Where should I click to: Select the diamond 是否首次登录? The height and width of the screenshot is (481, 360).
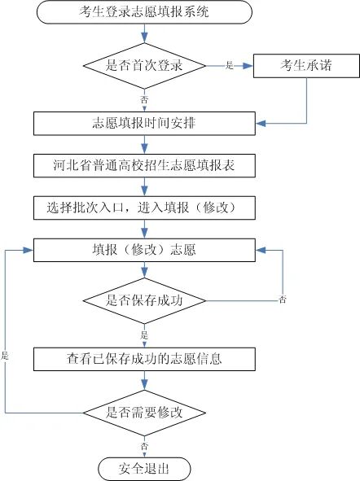[x=144, y=65]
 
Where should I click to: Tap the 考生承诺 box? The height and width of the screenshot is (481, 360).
[x=306, y=65]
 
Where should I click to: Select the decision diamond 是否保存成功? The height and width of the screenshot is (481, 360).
[x=144, y=300]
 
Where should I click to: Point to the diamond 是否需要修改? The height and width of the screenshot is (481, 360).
[x=144, y=411]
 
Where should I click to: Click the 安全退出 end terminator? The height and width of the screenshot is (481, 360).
[x=144, y=468]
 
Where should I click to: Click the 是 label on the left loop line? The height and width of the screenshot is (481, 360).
[x=5, y=356]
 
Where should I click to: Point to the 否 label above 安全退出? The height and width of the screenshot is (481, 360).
[x=145, y=446]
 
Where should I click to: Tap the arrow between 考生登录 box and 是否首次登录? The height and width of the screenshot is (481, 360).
[x=144, y=33]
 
